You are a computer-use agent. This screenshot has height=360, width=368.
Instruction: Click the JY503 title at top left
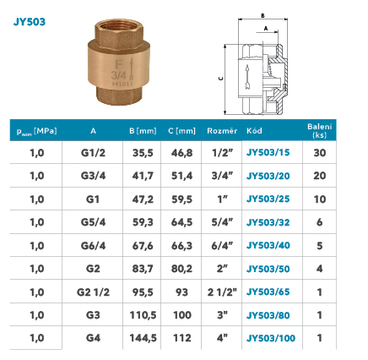30,22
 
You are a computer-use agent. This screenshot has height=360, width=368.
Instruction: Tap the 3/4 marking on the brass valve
118,75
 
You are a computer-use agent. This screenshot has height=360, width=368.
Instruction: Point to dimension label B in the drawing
262,15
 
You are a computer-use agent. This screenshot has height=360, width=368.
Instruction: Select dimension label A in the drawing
266,28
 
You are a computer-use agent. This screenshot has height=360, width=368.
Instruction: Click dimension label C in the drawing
221,79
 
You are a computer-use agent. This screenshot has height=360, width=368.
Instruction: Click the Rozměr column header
222,131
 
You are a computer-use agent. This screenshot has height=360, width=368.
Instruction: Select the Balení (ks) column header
320,130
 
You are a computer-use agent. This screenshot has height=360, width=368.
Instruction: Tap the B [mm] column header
143,131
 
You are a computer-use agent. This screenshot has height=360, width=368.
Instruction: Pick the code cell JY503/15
268,152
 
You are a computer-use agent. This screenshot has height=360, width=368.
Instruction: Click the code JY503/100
271,338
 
